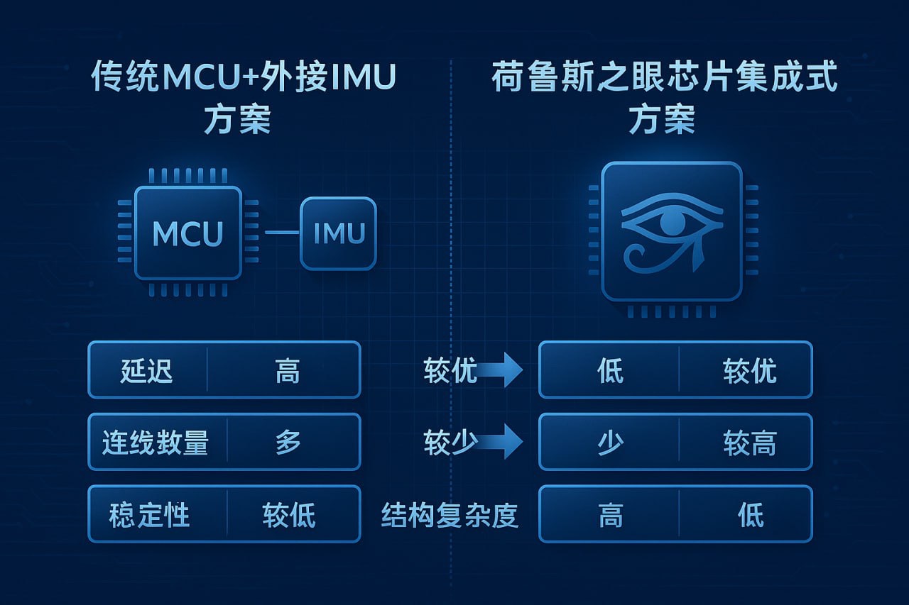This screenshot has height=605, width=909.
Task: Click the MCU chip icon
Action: [x=188, y=233]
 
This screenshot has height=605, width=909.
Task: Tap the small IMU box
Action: [x=338, y=233]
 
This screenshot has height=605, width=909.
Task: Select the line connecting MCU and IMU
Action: [x=282, y=232]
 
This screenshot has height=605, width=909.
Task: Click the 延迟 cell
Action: [x=147, y=370]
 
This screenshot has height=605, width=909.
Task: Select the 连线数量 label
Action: [x=156, y=443]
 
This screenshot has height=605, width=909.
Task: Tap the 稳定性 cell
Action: [x=150, y=514]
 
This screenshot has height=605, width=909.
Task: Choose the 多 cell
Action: [x=288, y=443]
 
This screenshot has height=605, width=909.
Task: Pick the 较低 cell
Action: [x=288, y=514]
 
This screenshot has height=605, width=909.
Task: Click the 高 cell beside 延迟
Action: [x=288, y=370]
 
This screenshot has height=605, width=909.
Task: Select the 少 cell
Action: [x=610, y=443]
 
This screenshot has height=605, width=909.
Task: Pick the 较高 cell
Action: [x=749, y=443]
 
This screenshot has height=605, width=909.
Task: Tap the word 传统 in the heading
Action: [x=116, y=77]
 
